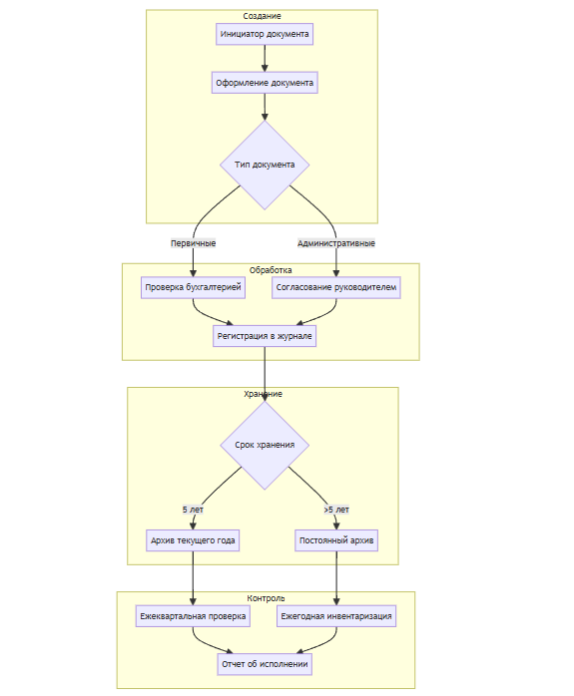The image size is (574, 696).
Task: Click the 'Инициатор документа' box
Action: click(265, 34)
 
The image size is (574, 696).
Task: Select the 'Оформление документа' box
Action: click(265, 83)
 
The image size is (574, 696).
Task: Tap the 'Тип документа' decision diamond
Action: click(265, 165)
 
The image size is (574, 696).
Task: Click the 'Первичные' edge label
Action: click(194, 243)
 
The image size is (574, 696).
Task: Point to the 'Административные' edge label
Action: click(336, 243)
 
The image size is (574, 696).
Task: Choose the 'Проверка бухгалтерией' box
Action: click(193, 287)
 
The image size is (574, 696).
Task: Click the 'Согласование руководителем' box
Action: click(336, 287)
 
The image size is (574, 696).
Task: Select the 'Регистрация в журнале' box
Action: click(265, 336)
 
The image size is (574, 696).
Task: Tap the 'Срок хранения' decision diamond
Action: click(265, 445)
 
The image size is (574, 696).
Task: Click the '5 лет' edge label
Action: click(193, 510)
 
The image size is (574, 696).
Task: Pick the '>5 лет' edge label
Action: click(336, 510)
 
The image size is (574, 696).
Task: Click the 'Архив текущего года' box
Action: click(193, 540)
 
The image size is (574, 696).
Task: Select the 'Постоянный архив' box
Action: click(336, 540)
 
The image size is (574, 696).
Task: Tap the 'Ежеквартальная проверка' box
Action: click(193, 616)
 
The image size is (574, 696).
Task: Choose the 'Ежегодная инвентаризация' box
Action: click(336, 616)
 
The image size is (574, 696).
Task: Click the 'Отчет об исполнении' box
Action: click(265, 664)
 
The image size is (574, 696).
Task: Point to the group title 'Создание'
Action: click(263, 16)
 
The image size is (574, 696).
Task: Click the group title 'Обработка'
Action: click(271, 270)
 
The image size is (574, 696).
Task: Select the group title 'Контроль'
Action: click(266, 598)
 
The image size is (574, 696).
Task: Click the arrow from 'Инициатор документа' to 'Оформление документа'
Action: click(265, 58)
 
